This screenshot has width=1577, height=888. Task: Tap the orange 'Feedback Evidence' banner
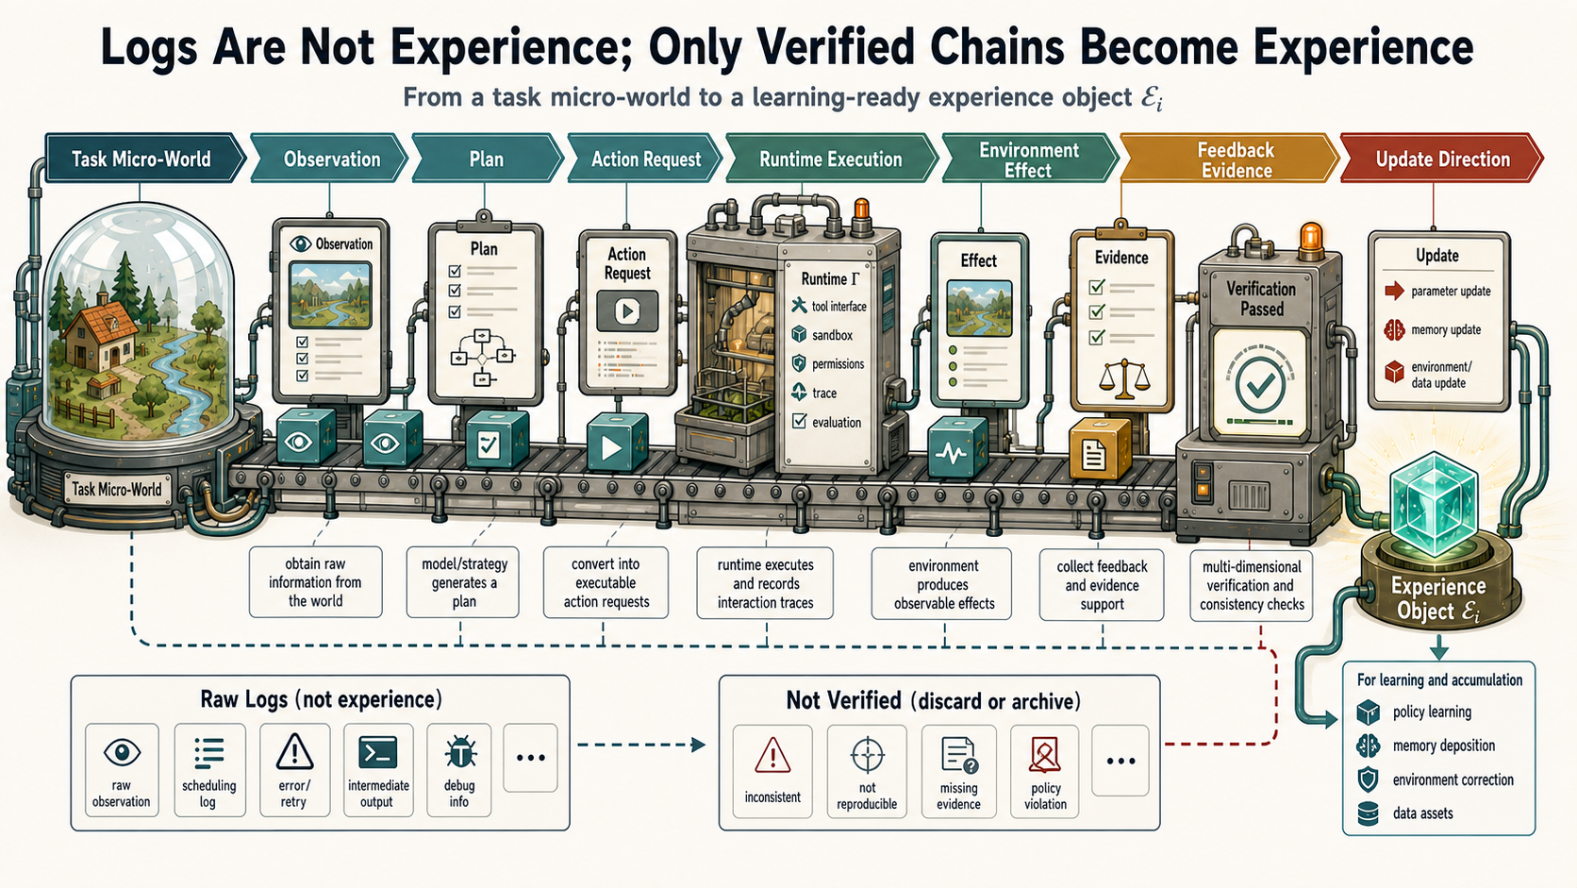pyautogui.click(x=1229, y=159)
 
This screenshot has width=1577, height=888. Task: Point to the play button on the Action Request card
pyautogui.click(x=626, y=310)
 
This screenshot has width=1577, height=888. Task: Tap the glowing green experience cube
pyautogui.click(x=1434, y=505)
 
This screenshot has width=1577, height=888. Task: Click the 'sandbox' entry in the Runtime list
pyautogui.click(x=823, y=335)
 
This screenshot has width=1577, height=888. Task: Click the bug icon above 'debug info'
pyautogui.click(x=459, y=752)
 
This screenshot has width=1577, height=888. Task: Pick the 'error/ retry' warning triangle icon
pyautogui.click(x=294, y=750)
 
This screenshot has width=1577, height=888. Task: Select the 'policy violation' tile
pyautogui.click(x=1045, y=772)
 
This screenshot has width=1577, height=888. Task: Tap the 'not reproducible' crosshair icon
pyautogui.click(x=867, y=755)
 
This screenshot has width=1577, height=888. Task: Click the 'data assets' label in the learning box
pyautogui.click(x=1423, y=813)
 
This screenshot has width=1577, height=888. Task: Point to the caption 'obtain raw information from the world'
pyautogui.click(x=315, y=582)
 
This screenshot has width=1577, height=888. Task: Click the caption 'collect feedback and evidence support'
pyautogui.click(x=1102, y=585)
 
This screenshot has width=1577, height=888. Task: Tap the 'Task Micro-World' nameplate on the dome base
pyautogui.click(x=117, y=489)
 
